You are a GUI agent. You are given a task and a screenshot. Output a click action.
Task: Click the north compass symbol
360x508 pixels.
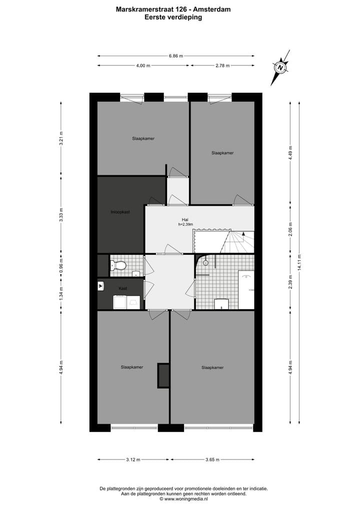coord(281,67)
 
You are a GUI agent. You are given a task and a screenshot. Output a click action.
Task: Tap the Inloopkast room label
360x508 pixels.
coord(120,212)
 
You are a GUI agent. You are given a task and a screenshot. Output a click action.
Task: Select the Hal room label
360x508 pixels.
coord(185,219)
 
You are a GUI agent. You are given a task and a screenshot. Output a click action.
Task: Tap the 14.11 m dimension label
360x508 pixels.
coord(299,264)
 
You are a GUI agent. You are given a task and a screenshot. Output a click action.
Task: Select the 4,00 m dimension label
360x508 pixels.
coord(143,65)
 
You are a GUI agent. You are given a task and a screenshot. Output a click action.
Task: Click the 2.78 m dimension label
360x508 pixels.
coord(223,65)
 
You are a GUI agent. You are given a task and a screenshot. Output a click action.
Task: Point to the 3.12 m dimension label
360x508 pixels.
coord(133,460)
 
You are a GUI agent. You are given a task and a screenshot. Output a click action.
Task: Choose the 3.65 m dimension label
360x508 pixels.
coord(212,460)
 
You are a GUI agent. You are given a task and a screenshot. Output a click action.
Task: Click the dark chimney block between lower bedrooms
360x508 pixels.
coord(163,376)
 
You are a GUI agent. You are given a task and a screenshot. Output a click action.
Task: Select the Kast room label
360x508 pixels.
coord(122,289)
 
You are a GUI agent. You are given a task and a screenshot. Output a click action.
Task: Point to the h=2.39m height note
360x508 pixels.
coord(185,225)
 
